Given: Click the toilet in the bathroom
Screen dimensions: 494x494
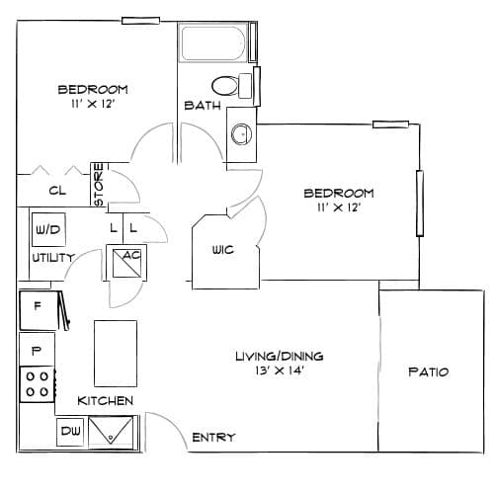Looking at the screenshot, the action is point(231,86).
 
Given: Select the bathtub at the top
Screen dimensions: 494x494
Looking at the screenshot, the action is point(213,42).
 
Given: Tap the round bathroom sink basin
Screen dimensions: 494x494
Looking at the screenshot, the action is point(242,134).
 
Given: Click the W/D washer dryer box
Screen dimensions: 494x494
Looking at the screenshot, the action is point(48,229).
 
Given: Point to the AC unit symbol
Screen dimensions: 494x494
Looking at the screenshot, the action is point(126,264).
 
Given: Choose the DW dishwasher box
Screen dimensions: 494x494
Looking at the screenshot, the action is point(70,432).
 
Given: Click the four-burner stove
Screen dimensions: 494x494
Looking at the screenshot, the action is point(38,384).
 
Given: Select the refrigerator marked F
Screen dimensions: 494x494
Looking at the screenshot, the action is point(39,310).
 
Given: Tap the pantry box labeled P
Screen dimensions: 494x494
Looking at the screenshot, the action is point(37,350).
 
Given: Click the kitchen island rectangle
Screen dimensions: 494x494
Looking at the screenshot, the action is point(116,354).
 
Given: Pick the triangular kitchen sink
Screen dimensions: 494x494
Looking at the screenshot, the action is point(111,431).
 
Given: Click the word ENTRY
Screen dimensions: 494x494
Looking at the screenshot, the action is point(213,438).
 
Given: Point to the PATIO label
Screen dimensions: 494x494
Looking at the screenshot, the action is point(429,372).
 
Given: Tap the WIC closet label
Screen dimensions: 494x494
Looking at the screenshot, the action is point(223,250).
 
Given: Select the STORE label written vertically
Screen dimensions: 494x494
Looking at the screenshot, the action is point(99,185).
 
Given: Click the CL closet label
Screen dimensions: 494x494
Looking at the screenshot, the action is point(57,191).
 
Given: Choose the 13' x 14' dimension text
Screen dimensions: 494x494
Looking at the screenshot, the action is point(279,370).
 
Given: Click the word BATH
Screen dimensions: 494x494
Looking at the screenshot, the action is point(203,106).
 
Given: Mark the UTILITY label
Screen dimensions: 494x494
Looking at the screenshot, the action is point(53,258).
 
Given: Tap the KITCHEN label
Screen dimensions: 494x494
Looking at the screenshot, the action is point(106,401).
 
